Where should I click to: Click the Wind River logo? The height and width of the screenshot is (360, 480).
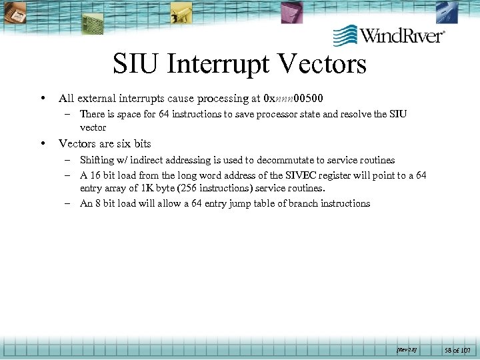click(x=389, y=35)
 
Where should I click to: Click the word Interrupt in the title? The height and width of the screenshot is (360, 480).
click(x=217, y=65)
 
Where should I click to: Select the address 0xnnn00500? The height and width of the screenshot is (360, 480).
click(x=293, y=99)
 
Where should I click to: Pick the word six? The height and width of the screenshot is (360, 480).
click(x=124, y=143)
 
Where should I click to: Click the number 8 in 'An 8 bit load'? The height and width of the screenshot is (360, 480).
click(x=99, y=203)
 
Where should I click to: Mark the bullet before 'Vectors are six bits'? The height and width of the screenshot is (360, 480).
click(x=43, y=143)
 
